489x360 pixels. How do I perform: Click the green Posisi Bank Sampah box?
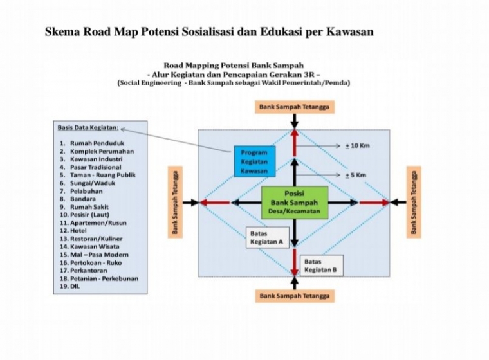[295, 203]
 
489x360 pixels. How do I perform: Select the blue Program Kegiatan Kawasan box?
[255, 161]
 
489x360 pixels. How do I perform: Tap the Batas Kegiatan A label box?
[268, 237]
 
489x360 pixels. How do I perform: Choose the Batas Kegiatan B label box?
[322, 265]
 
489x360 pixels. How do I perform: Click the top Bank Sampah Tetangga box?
[295, 107]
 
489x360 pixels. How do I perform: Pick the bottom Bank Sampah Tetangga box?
[295, 296]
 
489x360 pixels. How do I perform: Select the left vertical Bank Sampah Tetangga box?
[175, 202]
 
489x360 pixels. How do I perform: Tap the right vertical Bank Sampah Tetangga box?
[414, 202]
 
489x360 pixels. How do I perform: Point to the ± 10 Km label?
[357, 145]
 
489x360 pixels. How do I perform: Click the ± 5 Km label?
[356, 175]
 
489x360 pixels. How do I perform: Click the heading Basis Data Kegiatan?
[88, 128]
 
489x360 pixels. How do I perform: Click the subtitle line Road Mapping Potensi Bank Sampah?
[234, 66]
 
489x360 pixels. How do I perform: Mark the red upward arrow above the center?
[295, 143]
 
